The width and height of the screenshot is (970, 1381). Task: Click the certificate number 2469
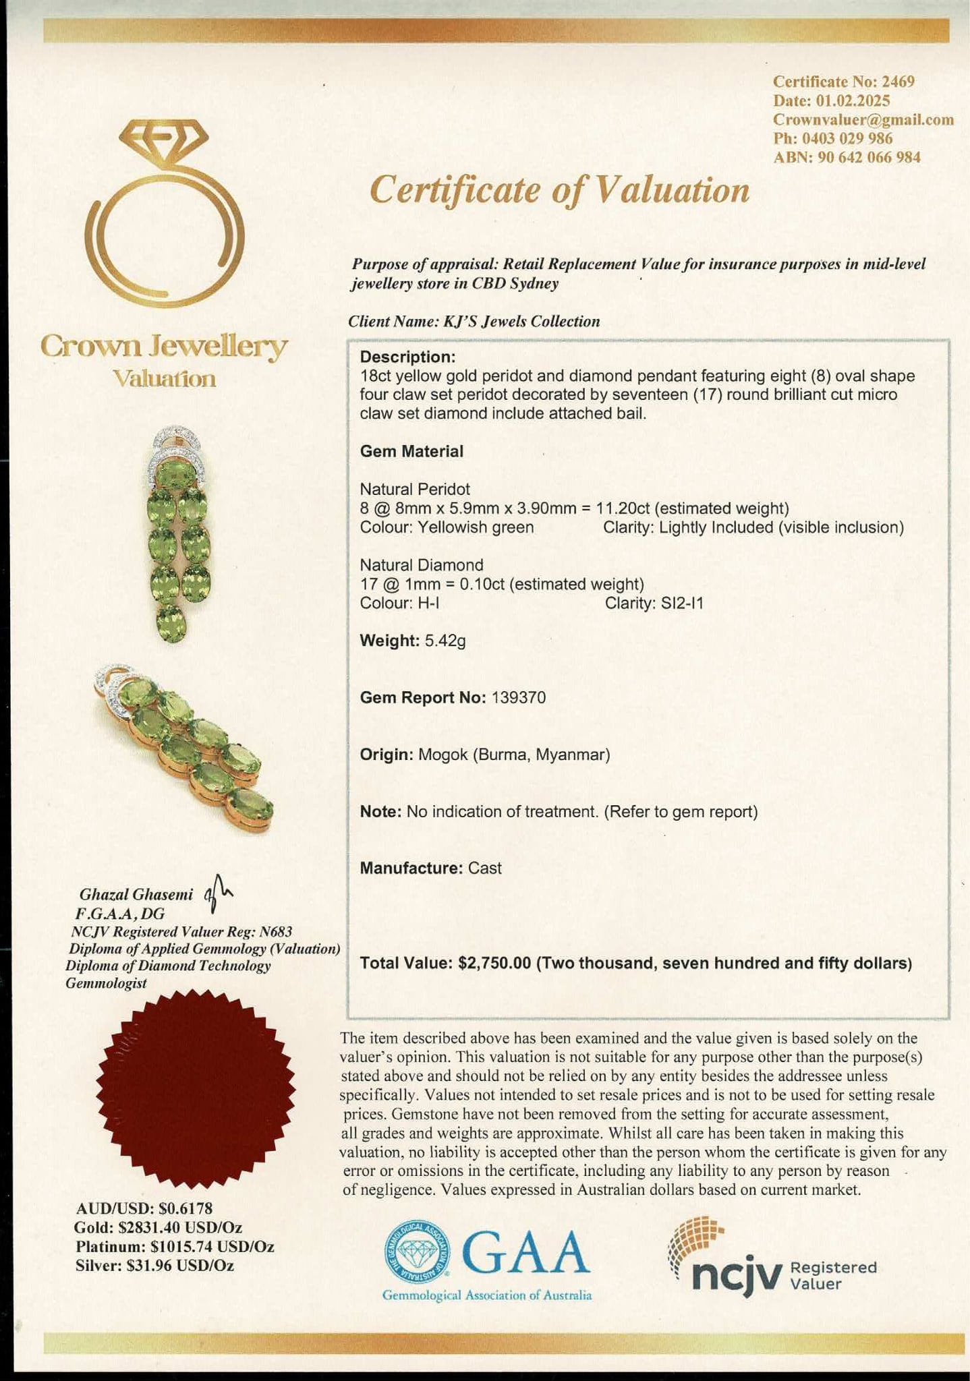click(x=898, y=82)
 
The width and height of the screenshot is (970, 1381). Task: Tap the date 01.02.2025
click(x=853, y=101)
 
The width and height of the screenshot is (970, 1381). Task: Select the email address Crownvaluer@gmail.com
click(x=863, y=120)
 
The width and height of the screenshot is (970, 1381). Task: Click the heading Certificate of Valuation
click(x=559, y=190)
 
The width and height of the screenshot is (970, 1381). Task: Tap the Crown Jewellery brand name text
click(x=164, y=347)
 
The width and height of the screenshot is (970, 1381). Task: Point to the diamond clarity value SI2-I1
click(x=677, y=603)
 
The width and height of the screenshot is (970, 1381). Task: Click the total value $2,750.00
click(x=494, y=963)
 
